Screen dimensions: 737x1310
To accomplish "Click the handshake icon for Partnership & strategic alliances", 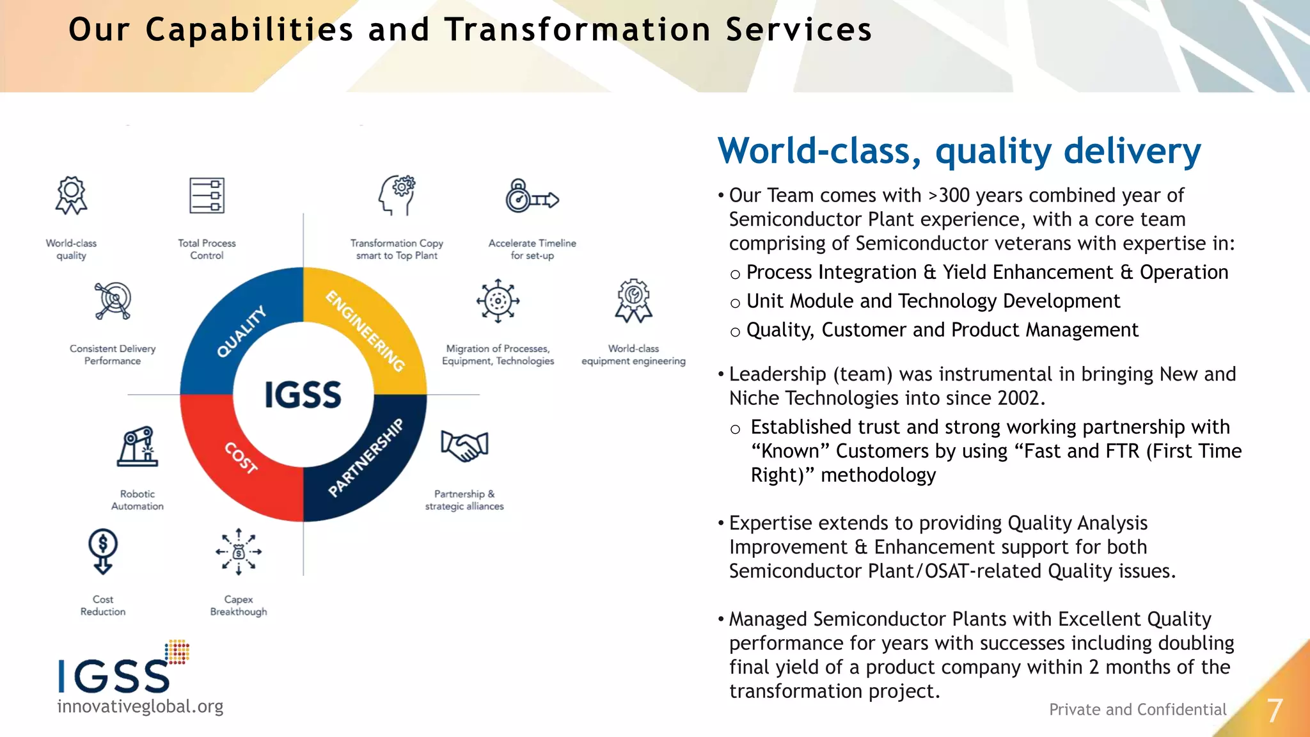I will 465,446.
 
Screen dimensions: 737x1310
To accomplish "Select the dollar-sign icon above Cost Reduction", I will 103,551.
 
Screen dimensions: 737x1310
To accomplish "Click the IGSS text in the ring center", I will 303,395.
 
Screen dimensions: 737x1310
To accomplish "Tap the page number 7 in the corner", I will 1275,711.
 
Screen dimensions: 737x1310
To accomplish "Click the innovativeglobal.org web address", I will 140,706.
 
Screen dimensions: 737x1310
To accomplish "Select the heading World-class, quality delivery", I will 959,151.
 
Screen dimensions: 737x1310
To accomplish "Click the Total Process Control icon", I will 207,196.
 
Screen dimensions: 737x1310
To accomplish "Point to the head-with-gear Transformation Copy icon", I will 397,195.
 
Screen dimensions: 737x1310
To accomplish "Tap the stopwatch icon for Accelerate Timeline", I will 531,197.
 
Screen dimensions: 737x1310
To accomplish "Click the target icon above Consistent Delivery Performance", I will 113,300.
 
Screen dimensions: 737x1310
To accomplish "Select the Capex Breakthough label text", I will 239,605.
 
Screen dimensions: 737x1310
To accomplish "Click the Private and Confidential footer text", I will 1137,709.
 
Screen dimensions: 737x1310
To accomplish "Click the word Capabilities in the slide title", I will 249,30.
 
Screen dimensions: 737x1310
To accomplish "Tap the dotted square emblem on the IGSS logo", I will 177,651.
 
